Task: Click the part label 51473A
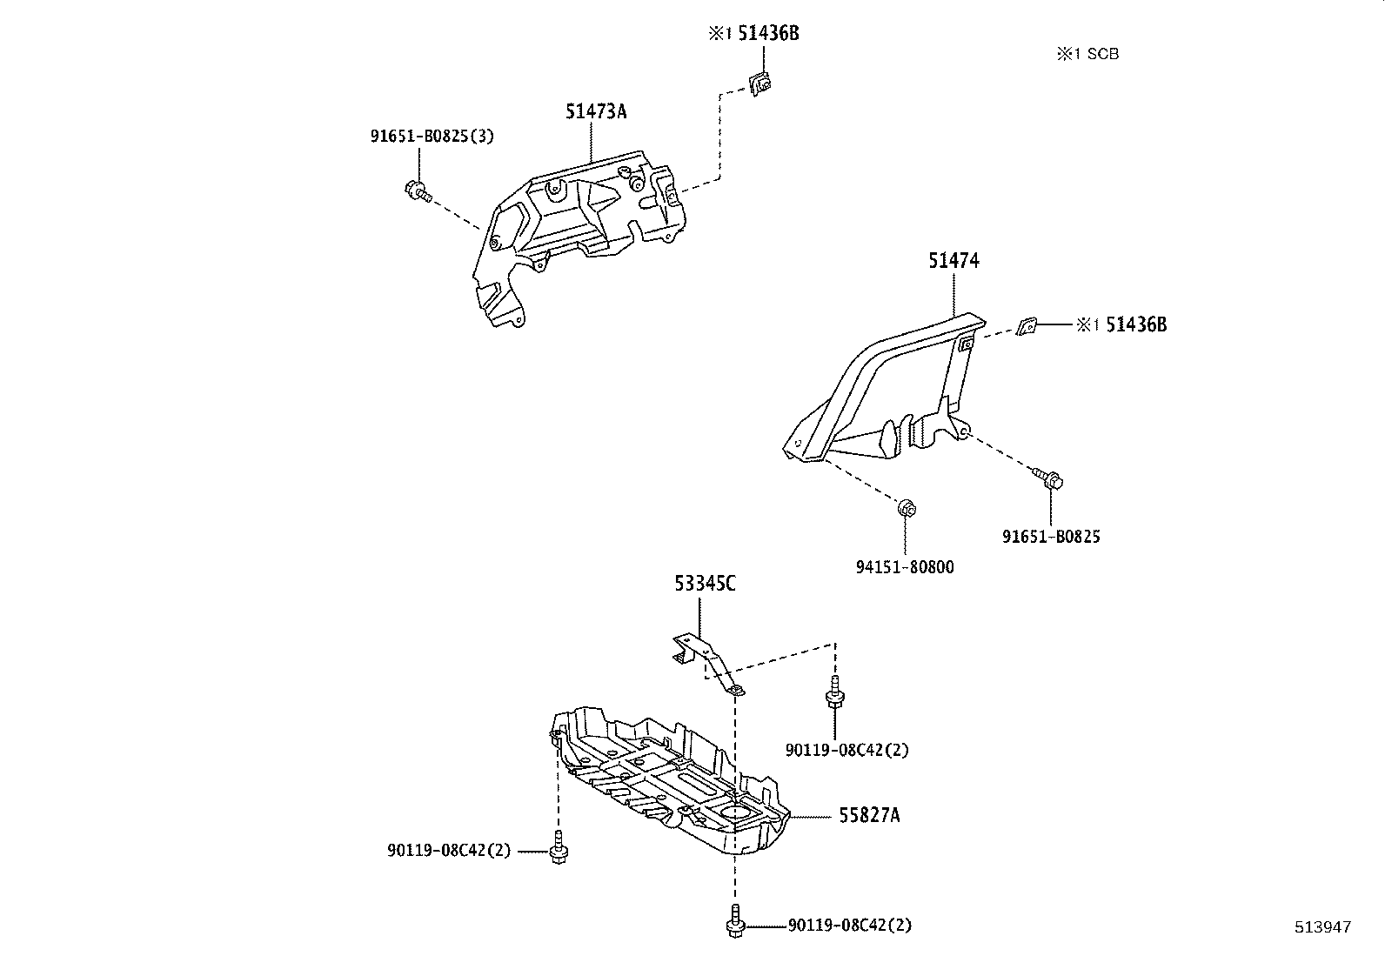click(x=596, y=111)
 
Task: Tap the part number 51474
click(x=953, y=260)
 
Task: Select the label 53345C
click(x=705, y=583)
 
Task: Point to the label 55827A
click(x=869, y=815)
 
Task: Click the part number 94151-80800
click(x=905, y=567)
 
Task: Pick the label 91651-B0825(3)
click(x=432, y=137)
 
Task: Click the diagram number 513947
click(x=1321, y=927)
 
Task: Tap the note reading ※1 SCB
click(x=1087, y=54)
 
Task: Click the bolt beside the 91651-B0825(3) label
click(x=417, y=190)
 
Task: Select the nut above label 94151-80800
click(x=906, y=507)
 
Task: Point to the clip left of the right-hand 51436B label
click(x=1027, y=326)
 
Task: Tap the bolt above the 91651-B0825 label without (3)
click(x=1050, y=479)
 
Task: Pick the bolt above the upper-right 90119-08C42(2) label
click(x=834, y=692)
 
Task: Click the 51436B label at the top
click(x=768, y=33)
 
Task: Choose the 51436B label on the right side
click(x=1135, y=324)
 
